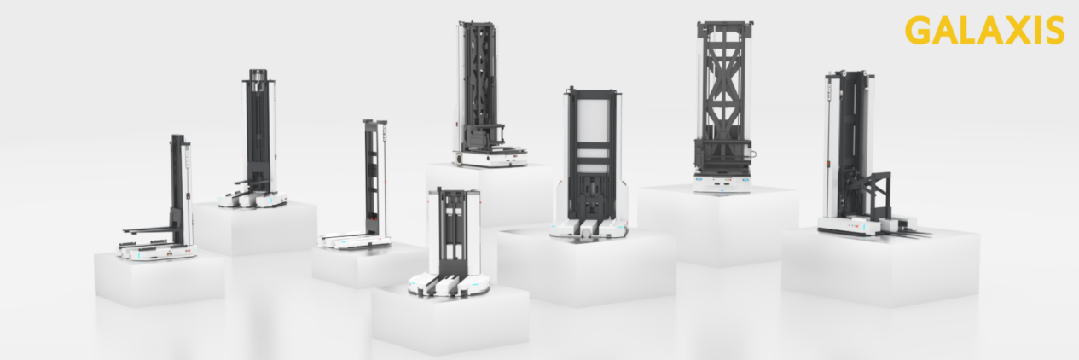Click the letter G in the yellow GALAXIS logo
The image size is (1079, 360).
919,31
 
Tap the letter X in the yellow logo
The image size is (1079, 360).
1006,31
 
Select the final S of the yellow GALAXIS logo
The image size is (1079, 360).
1053,31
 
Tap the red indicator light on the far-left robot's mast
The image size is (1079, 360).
189,195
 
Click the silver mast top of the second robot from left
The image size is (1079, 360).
258,75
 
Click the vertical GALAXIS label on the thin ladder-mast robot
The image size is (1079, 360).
385,131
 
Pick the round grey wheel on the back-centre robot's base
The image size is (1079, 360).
460,158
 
